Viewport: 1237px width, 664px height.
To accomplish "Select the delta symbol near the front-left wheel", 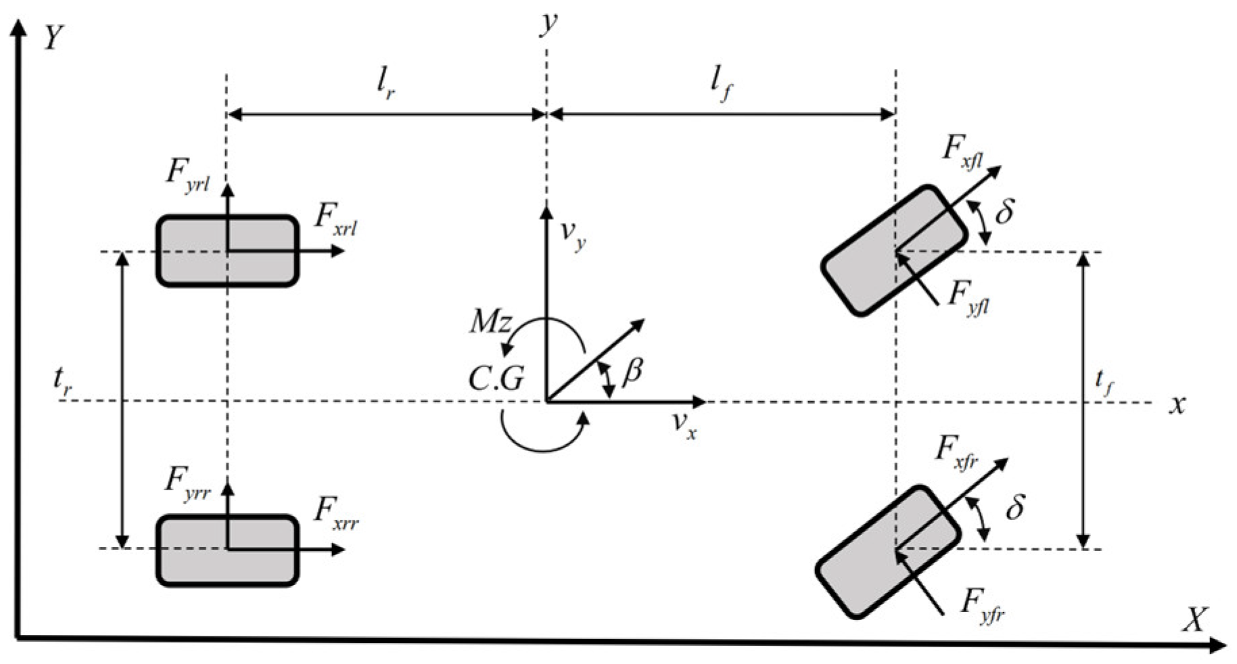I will pyautogui.click(x=1005, y=212).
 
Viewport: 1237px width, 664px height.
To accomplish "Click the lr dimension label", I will pyautogui.click(x=386, y=87).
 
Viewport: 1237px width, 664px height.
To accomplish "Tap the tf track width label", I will pyautogui.click(x=1104, y=384).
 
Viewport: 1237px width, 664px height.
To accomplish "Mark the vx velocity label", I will pyautogui.click(x=684, y=425).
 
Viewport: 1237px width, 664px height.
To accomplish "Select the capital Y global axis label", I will pyautogui.click(x=53, y=39).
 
